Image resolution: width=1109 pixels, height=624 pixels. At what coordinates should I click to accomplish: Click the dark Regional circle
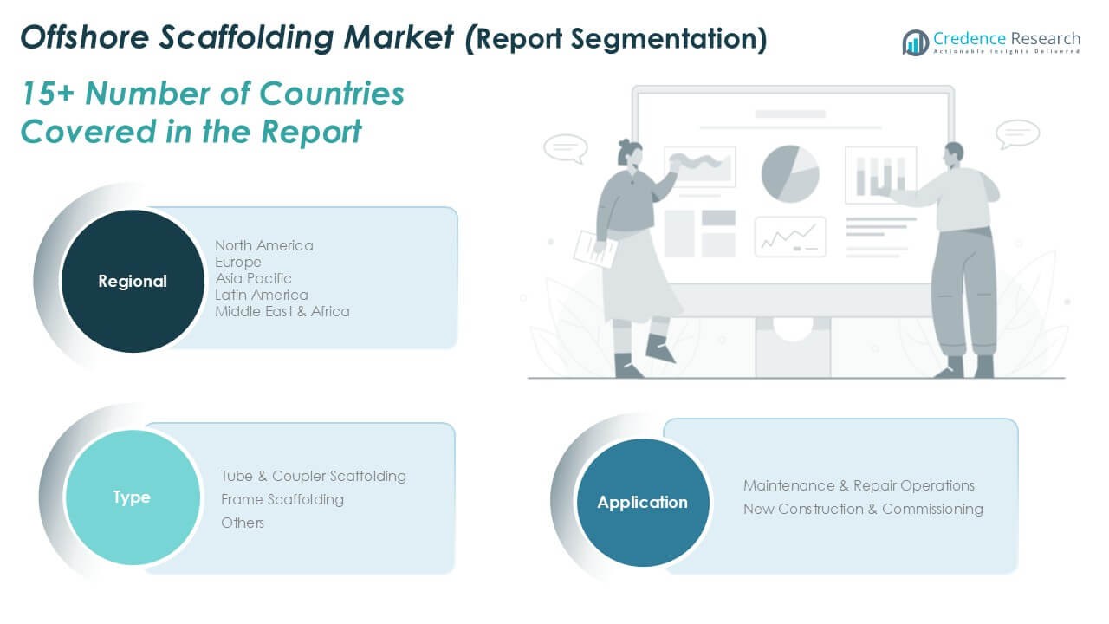[x=133, y=281]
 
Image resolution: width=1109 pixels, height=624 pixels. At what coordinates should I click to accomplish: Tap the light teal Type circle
[x=133, y=497]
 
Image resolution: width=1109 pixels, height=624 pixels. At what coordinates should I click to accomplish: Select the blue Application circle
[x=643, y=502]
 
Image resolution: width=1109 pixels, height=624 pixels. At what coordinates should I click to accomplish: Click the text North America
[x=264, y=245]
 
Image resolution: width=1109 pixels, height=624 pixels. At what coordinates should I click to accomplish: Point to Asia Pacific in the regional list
[x=253, y=278]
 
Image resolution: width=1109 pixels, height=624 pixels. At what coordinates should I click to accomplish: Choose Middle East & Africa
[x=282, y=311]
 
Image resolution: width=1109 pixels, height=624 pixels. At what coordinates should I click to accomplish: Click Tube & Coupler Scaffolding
[x=314, y=476]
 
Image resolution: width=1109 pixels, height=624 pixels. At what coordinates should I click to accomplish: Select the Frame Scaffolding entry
[x=282, y=499]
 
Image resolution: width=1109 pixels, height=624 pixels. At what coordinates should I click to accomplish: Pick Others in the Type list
[x=243, y=523]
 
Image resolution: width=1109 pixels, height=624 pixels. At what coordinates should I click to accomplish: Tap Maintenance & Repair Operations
[x=859, y=485]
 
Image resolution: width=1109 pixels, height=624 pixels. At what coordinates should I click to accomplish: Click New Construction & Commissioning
[x=863, y=509]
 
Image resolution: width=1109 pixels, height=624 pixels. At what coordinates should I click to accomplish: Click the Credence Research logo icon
[x=916, y=42]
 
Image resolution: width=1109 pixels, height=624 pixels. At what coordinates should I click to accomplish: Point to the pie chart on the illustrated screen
[x=790, y=174]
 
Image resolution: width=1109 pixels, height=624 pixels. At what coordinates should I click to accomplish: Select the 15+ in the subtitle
[x=48, y=94]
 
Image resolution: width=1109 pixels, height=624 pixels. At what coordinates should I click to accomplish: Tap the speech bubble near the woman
[x=566, y=148]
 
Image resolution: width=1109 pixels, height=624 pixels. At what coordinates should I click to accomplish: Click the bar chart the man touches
[x=881, y=175]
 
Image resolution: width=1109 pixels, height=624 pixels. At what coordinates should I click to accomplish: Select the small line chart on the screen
[x=790, y=237]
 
